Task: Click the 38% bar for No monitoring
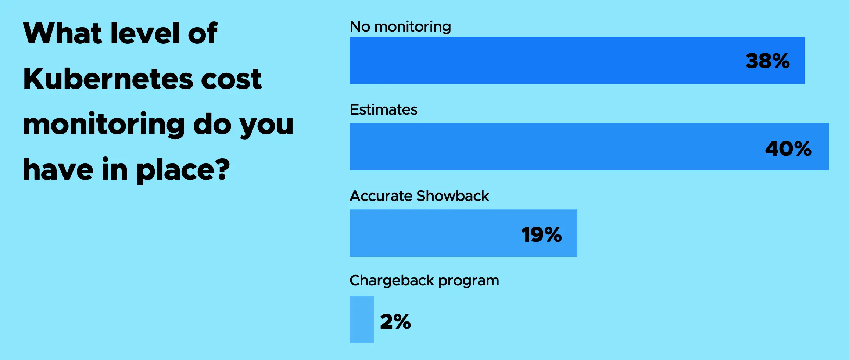pyautogui.click(x=577, y=60)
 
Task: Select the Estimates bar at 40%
pyautogui.click(x=589, y=147)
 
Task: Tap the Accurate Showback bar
pyautogui.click(x=463, y=233)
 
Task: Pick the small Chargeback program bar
pyautogui.click(x=362, y=319)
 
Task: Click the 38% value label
pyautogui.click(x=767, y=61)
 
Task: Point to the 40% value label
pyautogui.click(x=788, y=149)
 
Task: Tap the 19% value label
pyautogui.click(x=541, y=235)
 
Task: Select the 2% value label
pyautogui.click(x=395, y=322)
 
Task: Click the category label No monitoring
pyautogui.click(x=400, y=26)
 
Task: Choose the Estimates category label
pyautogui.click(x=383, y=109)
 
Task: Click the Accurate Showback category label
pyautogui.click(x=419, y=196)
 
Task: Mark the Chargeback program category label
pyautogui.click(x=424, y=281)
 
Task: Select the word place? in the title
pyautogui.click(x=183, y=170)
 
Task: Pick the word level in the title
pyautogui.click(x=145, y=33)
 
